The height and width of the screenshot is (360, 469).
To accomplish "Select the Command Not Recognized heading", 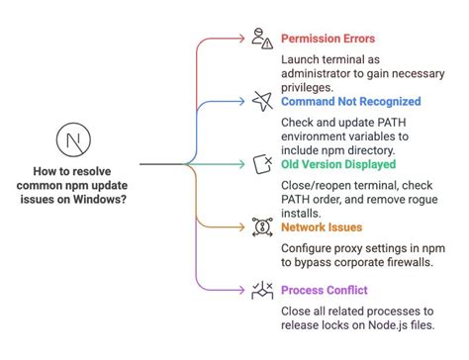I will click(350, 101).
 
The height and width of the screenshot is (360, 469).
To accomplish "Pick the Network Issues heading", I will click(323, 226).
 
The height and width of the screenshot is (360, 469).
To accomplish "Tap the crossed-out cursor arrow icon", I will click(262, 99).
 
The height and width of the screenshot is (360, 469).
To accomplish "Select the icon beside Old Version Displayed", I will click(262, 162).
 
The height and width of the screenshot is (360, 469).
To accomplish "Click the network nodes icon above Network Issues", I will click(262, 225).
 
